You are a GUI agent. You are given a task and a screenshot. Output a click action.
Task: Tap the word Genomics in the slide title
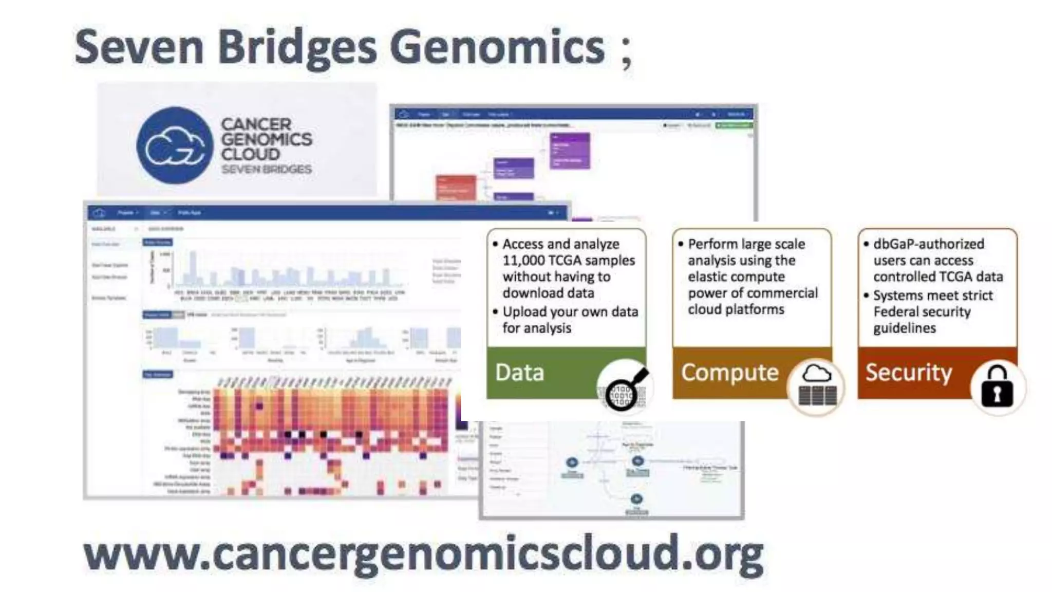pos(497,48)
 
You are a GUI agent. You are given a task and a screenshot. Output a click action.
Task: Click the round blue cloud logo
pos(175,145)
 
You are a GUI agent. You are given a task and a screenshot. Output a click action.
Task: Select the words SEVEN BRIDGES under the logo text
pos(267,169)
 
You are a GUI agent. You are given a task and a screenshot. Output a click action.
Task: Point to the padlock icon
pos(997,387)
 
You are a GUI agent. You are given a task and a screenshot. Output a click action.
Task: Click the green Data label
pos(519,373)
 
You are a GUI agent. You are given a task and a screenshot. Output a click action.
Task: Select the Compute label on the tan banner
pos(729,373)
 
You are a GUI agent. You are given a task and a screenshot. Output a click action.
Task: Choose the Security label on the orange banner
pos(908,373)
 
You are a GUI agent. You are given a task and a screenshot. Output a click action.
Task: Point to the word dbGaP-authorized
pos(929,244)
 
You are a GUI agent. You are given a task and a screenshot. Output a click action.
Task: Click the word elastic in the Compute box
pos(710,277)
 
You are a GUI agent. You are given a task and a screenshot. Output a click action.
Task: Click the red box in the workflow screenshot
pos(456,188)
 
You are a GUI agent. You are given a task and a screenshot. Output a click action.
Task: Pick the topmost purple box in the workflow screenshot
pos(570,150)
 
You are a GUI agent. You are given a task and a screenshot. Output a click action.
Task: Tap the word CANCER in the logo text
pos(256,124)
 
